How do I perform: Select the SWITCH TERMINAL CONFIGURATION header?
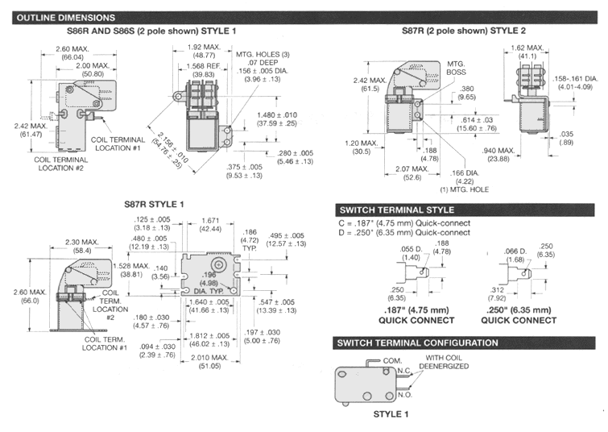click(416, 343)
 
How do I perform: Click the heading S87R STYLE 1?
click(154, 204)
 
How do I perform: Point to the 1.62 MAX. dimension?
click(529, 52)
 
